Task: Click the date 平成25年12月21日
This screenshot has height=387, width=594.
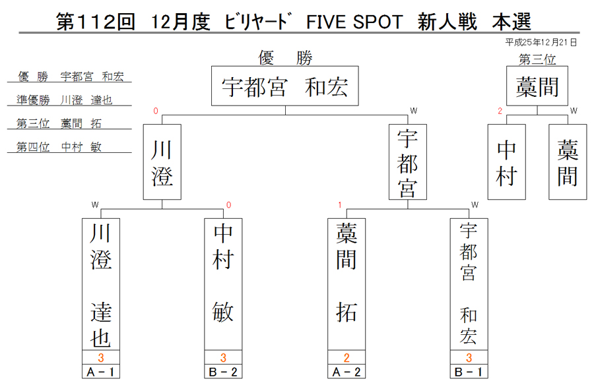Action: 541,42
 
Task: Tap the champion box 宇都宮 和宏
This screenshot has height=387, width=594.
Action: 285,86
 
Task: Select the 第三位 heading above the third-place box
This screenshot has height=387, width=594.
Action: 537,59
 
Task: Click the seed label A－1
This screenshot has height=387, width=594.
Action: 101,372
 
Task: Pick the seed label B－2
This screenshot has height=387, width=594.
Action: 223,372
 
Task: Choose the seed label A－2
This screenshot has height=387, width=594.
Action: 346,372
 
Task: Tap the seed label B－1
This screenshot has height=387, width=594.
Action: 469,372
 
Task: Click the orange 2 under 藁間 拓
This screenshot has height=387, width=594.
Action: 346,357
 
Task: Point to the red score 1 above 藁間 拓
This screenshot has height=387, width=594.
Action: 340,205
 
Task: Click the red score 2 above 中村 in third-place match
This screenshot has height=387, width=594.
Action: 500,111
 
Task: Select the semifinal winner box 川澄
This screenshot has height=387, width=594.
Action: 162,162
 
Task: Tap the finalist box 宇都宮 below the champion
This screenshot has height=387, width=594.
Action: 408,162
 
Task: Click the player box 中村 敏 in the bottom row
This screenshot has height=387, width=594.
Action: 223,284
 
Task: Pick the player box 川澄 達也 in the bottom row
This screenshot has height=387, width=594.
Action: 101,284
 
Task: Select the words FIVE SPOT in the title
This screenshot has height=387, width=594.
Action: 354,22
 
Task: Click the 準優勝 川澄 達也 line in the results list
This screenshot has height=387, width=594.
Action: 65,100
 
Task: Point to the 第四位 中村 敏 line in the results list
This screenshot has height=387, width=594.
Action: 59,147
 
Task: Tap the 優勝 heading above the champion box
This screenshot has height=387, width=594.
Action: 285,58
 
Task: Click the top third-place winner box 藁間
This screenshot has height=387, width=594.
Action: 537,86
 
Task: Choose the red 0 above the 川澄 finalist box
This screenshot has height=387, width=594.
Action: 156,111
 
